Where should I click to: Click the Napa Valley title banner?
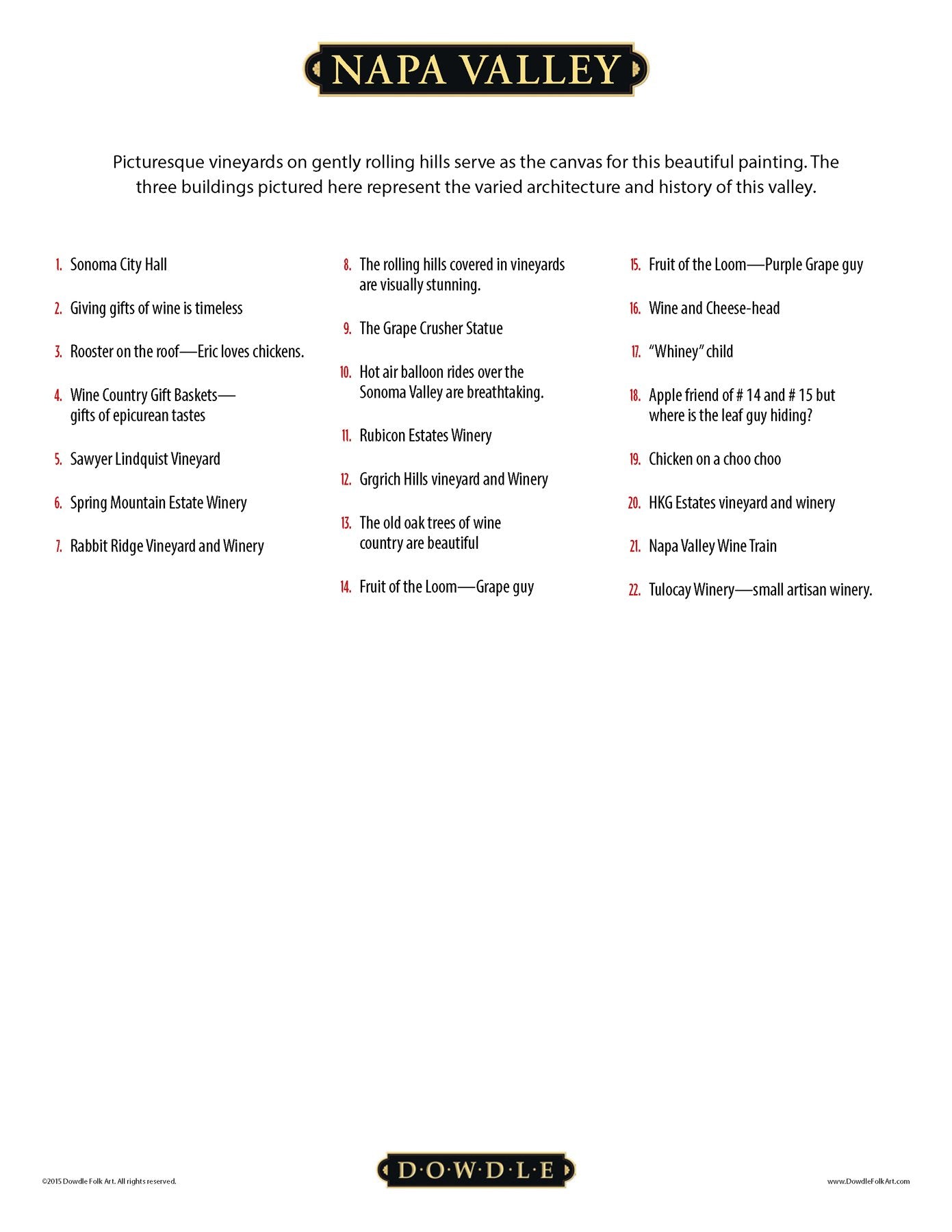pyautogui.click(x=476, y=69)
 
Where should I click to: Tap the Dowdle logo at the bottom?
pyautogui.click(x=476, y=1170)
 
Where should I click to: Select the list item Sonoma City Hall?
pyautogui.click(x=118, y=265)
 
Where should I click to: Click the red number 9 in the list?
pyautogui.click(x=347, y=329)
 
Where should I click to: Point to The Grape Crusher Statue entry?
pyautogui.click(x=430, y=329)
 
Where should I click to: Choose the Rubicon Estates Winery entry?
pyautogui.click(x=425, y=436)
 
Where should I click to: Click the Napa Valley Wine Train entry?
pyautogui.click(x=712, y=546)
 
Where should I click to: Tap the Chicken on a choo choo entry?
pyautogui.click(x=715, y=459)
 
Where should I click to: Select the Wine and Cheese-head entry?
pyautogui.click(x=714, y=309)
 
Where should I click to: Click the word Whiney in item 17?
pyautogui.click(x=678, y=352)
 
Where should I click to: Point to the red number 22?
pyautogui.click(x=634, y=590)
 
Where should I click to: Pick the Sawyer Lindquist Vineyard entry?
pyautogui.click(x=145, y=459)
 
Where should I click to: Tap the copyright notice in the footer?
pyautogui.click(x=109, y=1181)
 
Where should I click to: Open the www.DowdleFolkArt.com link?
pyautogui.click(x=868, y=1181)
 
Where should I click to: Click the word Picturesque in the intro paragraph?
pyautogui.click(x=158, y=162)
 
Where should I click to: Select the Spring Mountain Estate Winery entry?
pyautogui.click(x=158, y=503)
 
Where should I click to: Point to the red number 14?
pyautogui.click(x=345, y=587)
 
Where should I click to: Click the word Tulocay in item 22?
pyautogui.click(x=669, y=590)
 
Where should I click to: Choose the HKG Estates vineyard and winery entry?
pyautogui.click(x=742, y=503)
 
